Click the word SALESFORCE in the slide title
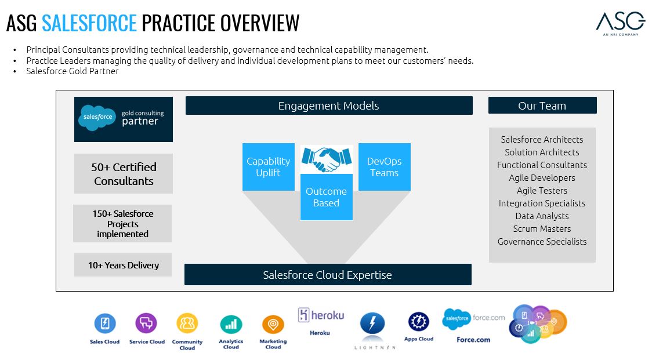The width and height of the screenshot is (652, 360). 89,23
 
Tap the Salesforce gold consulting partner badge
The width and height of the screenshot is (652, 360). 124,119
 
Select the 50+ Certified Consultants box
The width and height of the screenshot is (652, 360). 124,173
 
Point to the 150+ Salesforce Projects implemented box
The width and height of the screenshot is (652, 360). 122,223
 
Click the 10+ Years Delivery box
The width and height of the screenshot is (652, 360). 123,265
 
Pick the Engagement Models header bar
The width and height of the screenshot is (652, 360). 329,106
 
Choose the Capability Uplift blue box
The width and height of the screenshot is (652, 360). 268,167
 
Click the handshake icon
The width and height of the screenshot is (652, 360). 327,158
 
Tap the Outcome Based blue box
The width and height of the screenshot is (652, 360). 326,197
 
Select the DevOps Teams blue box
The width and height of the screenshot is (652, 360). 384,167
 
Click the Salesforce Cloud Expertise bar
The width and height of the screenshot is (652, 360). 328,275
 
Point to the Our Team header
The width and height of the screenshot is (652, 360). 542,106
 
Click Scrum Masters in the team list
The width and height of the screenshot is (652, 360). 542,228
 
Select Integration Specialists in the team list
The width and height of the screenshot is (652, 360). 542,203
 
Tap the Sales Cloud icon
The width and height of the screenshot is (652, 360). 105,323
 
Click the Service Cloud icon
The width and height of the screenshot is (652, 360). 146,323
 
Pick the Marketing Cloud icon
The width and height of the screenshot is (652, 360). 273,324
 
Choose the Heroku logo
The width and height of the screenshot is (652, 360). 321,315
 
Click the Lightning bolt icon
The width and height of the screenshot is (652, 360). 372,323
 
